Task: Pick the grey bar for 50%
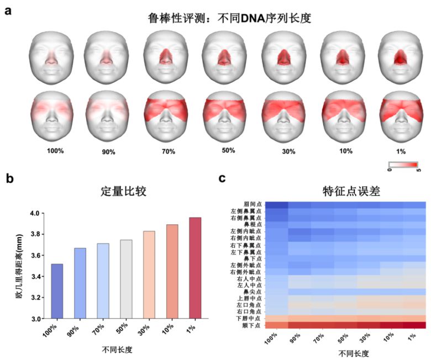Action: click(125, 279)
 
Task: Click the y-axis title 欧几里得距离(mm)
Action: click(19, 265)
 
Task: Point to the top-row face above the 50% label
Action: click(224, 54)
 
